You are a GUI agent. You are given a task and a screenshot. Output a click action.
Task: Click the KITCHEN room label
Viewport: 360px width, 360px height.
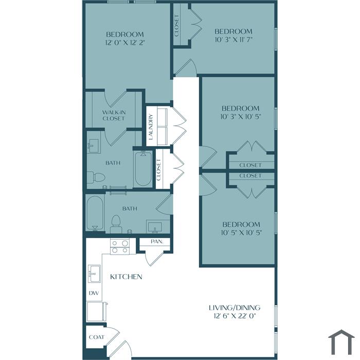[126, 277]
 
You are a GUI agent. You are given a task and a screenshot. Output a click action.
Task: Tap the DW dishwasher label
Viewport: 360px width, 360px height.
[94, 293]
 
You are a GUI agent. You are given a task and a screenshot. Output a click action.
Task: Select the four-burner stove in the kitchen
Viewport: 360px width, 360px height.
[119, 246]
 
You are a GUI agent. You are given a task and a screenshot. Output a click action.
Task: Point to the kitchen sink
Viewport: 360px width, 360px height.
[94, 274]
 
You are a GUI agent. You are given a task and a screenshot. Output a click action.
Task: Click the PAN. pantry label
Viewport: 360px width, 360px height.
[157, 242]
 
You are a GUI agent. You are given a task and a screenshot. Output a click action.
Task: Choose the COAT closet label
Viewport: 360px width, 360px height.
[97, 337]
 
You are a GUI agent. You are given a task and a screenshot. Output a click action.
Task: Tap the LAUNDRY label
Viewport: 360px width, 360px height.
[151, 127]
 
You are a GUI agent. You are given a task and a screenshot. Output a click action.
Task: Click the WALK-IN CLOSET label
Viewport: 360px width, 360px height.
[114, 115]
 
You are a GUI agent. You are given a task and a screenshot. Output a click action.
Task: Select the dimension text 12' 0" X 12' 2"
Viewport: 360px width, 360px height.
[125, 43]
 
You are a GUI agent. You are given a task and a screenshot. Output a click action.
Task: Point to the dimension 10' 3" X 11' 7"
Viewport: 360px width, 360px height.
[233, 40]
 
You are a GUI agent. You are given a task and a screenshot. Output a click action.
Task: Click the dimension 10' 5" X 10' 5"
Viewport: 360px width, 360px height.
[241, 232]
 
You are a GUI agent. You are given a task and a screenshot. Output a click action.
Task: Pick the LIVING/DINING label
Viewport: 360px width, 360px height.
[235, 308]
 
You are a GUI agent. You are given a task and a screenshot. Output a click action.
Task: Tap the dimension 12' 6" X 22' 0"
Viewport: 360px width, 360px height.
[235, 316]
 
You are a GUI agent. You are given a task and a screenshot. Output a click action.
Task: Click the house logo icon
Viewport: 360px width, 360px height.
[341, 342]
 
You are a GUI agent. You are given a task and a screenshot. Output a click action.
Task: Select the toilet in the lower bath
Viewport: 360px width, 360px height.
[116, 224]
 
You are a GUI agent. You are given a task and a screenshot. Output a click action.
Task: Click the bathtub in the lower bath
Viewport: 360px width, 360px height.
[95, 213]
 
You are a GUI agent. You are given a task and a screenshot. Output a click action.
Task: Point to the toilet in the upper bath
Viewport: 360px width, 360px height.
[96, 177]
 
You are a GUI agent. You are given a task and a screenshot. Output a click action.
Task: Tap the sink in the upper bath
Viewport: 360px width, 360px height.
[94, 146]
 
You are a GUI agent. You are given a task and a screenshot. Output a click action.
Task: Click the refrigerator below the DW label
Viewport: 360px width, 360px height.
[97, 312]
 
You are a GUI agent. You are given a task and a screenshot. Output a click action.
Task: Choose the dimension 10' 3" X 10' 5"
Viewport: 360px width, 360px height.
[241, 117]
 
